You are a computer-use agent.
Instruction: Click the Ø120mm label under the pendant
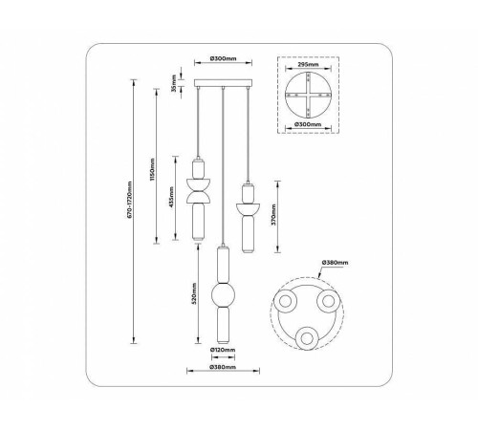(x=222, y=351)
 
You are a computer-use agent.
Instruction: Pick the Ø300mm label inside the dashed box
(x=308, y=125)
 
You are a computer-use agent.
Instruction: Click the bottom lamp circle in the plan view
(x=307, y=337)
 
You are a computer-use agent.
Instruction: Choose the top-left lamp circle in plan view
(x=288, y=304)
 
